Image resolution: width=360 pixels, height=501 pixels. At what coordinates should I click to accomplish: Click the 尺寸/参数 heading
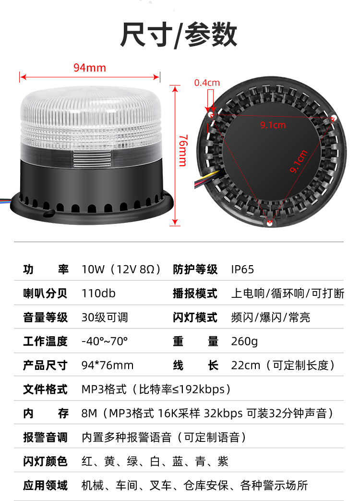click(179, 35)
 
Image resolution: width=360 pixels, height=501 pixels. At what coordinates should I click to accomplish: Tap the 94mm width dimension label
click(90, 68)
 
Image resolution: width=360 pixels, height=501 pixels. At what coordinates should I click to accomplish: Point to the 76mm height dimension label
click(183, 150)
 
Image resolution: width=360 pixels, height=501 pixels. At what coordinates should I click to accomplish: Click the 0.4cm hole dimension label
click(207, 83)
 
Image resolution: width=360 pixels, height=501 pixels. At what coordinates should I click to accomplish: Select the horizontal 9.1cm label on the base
click(273, 125)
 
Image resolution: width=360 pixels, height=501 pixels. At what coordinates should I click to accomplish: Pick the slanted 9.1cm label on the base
click(299, 161)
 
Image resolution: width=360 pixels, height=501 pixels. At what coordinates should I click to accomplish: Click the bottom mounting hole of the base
click(270, 222)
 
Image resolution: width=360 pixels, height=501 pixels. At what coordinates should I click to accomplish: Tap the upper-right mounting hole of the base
click(333, 118)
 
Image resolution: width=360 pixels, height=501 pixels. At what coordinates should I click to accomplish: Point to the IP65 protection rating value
click(242, 269)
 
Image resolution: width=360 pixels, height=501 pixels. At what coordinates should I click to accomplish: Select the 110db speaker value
click(98, 293)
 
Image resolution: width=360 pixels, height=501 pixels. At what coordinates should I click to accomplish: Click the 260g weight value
click(244, 341)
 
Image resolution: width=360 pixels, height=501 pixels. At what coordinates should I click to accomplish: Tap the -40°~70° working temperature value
click(105, 341)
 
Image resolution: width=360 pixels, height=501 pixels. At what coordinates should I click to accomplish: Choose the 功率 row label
click(46, 269)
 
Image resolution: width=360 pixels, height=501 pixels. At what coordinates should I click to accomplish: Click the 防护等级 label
click(195, 269)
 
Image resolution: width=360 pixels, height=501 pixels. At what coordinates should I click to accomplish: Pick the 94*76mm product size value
click(107, 365)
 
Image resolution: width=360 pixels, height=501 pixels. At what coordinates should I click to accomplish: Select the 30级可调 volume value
click(105, 318)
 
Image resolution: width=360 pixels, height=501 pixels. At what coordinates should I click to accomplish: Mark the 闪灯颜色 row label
click(45, 462)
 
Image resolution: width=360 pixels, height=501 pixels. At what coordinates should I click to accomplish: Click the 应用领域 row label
click(45, 485)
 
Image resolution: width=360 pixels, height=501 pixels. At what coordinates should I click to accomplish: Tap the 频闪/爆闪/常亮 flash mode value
click(271, 318)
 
